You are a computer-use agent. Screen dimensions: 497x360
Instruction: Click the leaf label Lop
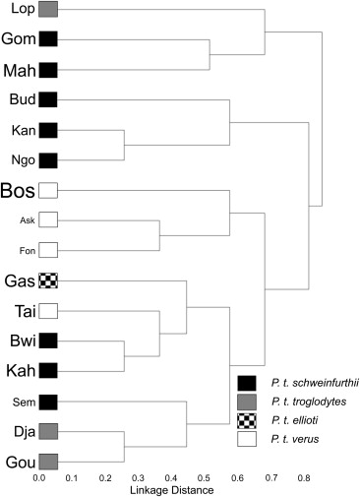point(19,10)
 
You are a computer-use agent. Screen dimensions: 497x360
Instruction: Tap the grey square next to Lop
point(47,10)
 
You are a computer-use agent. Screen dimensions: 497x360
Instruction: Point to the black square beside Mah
point(47,70)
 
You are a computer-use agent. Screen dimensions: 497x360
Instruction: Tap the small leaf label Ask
point(27,219)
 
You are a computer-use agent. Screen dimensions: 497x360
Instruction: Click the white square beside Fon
point(47,250)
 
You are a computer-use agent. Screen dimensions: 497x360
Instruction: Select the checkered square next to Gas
point(47,280)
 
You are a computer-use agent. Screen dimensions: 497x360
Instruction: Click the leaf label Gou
point(19,462)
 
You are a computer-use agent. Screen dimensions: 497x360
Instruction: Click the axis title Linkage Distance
point(175,489)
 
